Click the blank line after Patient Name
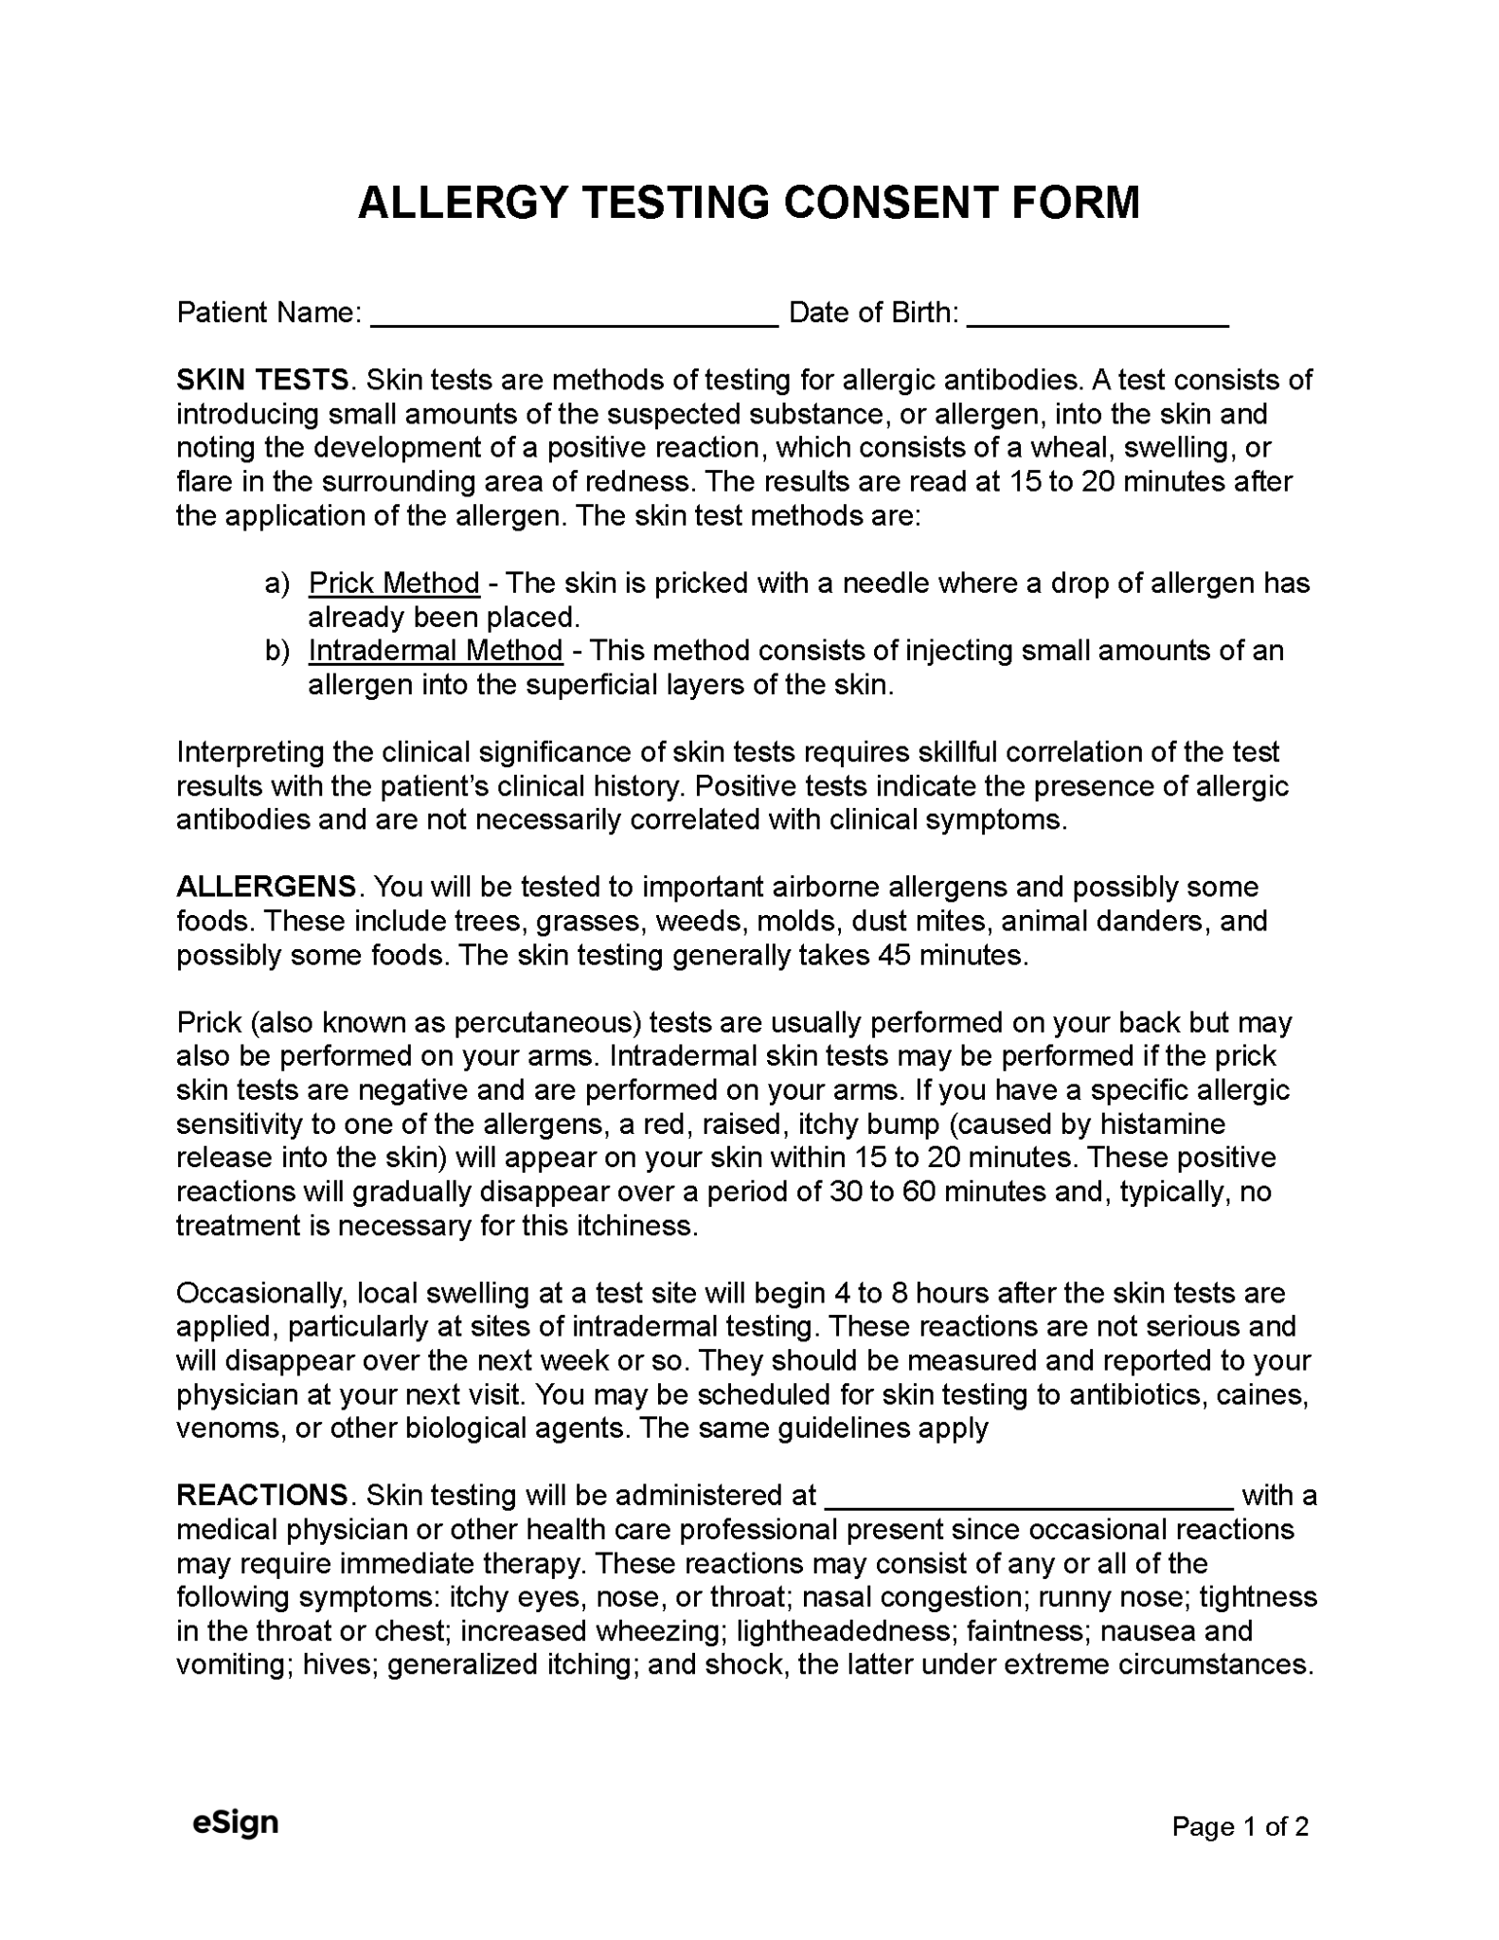[x=574, y=316]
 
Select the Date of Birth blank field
[x=1097, y=316]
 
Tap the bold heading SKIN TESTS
[x=263, y=380]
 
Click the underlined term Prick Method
[x=394, y=583]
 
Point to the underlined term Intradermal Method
[x=436, y=651]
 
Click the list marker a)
[x=277, y=583]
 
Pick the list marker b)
[x=277, y=651]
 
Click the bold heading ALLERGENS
[x=267, y=888]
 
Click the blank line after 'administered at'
[x=1029, y=1500]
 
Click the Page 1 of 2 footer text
[x=1240, y=1826]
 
